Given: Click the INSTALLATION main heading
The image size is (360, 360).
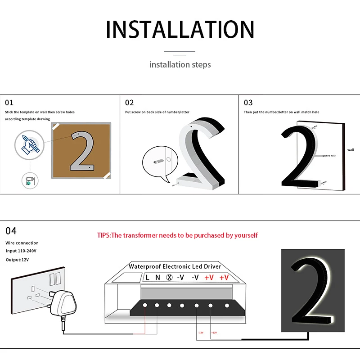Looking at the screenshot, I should (x=180, y=29).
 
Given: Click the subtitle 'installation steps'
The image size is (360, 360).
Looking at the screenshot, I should (x=180, y=65).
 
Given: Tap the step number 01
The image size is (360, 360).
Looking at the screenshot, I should (x=9, y=103).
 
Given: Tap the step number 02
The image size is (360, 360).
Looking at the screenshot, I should (x=130, y=103).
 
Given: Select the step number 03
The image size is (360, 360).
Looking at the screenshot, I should (x=248, y=103).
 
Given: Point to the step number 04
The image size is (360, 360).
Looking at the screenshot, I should (x=11, y=231).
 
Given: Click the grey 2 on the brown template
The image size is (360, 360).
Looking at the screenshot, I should (x=82, y=150).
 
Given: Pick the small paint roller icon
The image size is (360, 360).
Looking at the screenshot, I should (x=30, y=181).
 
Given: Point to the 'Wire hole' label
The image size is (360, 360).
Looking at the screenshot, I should (x=331, y=155).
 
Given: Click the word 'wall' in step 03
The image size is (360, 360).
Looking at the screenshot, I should (x=351, y=150).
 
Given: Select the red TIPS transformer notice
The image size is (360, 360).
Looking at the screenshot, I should (x=177, y=235).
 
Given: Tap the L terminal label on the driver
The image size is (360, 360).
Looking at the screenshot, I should (x=148, y=278).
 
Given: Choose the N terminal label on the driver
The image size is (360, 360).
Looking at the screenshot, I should (x=157, y=278).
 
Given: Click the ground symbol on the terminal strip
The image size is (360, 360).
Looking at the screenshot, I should (x=169, y=278).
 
